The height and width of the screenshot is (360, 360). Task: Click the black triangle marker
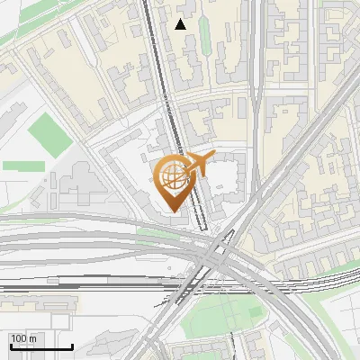(181, 24)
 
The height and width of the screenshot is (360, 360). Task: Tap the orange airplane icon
(199, 164)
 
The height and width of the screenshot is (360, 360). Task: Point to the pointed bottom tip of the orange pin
(172, 211)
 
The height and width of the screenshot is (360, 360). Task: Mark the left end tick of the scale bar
(10, 345)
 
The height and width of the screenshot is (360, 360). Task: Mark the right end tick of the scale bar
(72, 345)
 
